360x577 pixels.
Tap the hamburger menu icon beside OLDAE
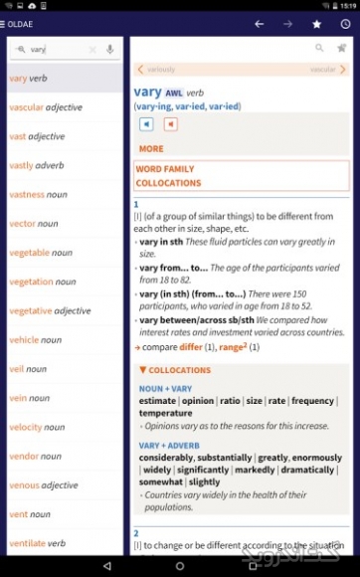[x=5, y=23]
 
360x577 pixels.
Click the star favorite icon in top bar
[x=316, y=23]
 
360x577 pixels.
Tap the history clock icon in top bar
[x=344, y=23]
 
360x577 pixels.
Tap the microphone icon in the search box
[x=109, y=49]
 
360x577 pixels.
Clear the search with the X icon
[x=92, y=49]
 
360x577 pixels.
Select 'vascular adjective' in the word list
[x=46, y=107]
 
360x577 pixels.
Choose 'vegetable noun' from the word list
[x=41, y=253]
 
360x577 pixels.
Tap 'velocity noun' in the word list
[x=40, y=427]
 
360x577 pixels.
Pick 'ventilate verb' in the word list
[x=38, y=543]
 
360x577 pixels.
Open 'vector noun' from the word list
[x=34, y=224]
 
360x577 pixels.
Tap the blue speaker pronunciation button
[x=146, y=124]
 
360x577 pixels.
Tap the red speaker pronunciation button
[x=170, y=124]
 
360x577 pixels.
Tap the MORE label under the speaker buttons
[x=151, y=148]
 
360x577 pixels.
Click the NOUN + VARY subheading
[x=165, y=388]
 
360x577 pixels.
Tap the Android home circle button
[x=180, y=565]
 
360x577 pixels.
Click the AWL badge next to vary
[x=174, y=93]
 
